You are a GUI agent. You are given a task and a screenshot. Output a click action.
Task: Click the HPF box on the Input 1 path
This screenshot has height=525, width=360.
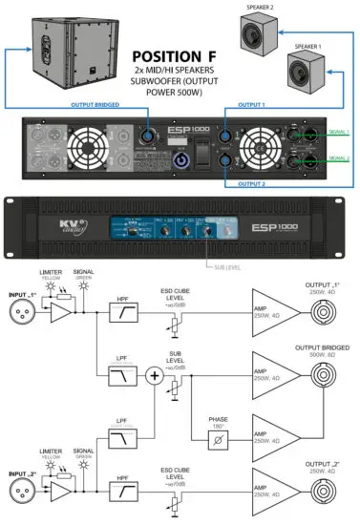pos(120,311)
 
